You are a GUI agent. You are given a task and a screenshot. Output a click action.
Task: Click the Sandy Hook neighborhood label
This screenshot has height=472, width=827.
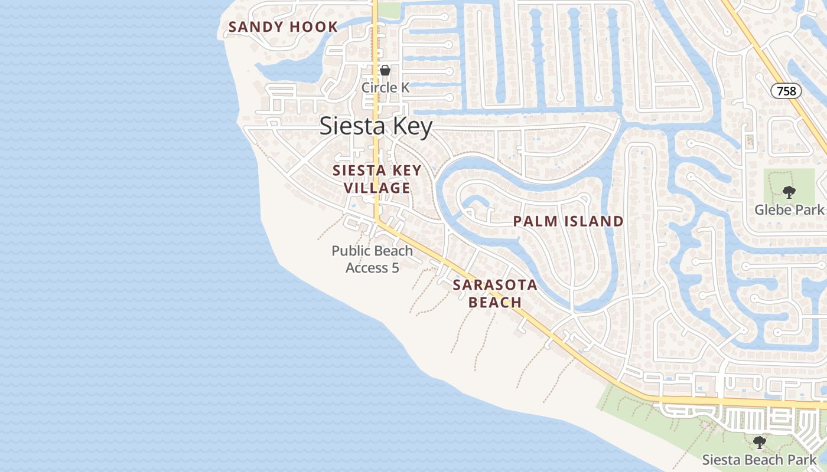(283, 27)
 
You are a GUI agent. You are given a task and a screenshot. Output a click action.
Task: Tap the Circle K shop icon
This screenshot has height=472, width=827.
(385, 70)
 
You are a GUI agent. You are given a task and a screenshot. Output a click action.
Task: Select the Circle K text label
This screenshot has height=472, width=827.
(385, 87)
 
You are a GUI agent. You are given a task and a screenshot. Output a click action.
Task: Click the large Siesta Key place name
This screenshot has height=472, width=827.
(376, 127)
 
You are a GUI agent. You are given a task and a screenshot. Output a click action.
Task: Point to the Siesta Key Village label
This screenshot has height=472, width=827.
(377, 179)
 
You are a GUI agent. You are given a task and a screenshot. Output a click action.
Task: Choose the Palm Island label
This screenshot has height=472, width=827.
(568, 221)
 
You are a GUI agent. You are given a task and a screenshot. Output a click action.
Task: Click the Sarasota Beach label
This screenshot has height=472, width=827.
(495, 294)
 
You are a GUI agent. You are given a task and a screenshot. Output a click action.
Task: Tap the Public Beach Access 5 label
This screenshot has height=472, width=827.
(372, 259)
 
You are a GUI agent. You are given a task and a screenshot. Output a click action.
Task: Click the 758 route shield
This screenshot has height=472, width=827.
(786, 91)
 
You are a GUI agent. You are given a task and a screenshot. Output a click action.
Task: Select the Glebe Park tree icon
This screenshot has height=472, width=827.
(788, 192)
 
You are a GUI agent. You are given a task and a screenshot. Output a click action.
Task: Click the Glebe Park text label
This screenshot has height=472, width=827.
(789, 209)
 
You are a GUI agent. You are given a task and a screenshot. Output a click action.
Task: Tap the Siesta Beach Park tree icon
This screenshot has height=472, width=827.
(760, 442)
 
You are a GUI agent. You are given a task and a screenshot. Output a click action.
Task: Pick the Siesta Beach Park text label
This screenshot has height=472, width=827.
(760, 460)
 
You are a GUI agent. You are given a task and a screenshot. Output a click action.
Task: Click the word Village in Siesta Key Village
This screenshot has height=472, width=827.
(377, 188)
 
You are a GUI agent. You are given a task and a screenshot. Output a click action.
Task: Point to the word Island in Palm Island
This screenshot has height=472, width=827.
(594, 221)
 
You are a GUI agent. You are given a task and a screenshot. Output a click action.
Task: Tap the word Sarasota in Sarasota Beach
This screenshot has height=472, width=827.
(495, 286)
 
